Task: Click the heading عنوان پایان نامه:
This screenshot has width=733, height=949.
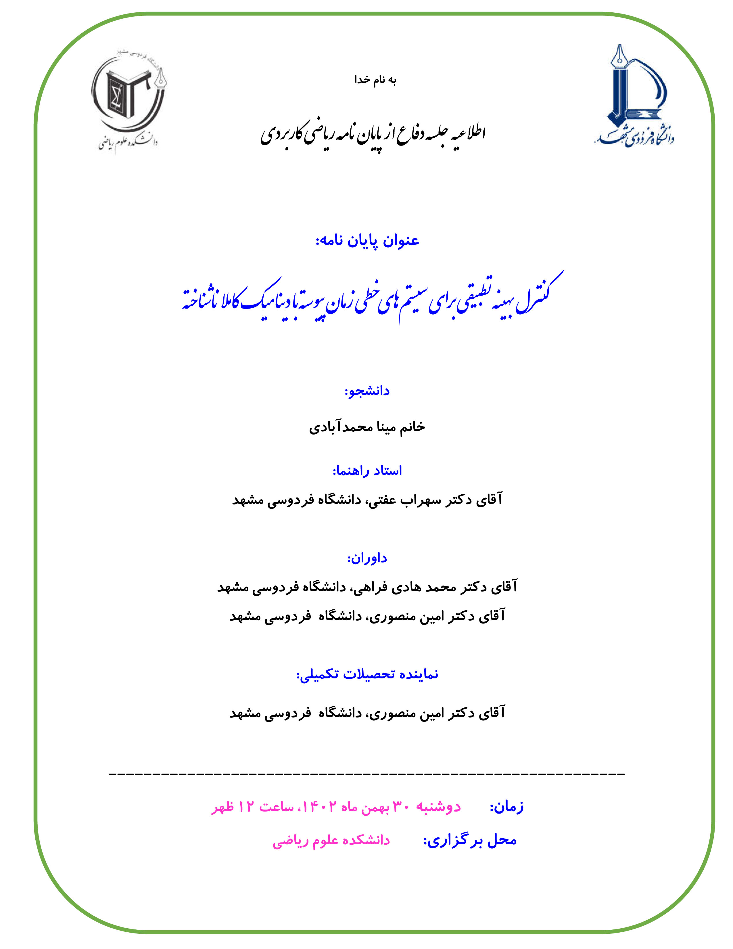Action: coord(367,241)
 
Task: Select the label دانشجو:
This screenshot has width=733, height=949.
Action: coord(367,391)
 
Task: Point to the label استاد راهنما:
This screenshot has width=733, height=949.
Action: coord(367,470)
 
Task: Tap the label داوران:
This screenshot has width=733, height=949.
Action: coord(367,558)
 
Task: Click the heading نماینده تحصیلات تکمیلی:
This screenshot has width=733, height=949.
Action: coord(367,674)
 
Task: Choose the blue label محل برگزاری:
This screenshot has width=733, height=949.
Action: coord(470,841)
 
